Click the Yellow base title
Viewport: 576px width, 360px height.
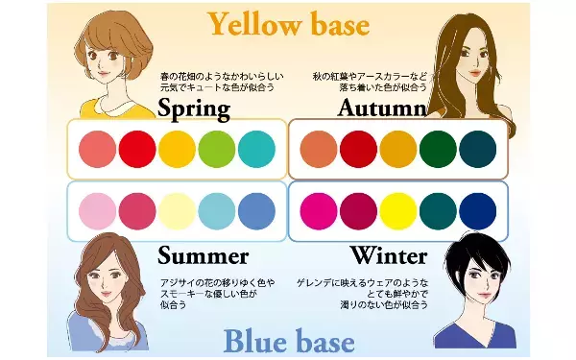pyautogui.click(x=288, y=23)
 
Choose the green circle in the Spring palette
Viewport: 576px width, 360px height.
pyautogui.click(x=216, y=149)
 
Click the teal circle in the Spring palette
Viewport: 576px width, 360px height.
pyautogui.click(x=254, y=149)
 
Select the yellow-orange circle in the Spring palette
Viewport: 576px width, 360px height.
pyautogui.click(x=176, y=149)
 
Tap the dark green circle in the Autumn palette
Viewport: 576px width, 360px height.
pyautogui.click(x=438, y=149)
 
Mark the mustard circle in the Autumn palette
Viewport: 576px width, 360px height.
pyautogui.click(x=398, y=149)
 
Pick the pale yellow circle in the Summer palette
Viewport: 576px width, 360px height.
pyautogui.click(x=176, y=210)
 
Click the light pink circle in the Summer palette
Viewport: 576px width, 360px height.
pyautogui.click(x=97, y=210)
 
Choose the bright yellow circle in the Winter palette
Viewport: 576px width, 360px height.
pyautogui.click(x=398, y=210)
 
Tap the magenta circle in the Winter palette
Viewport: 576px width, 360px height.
pyautogui.click(x=319, y=210)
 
